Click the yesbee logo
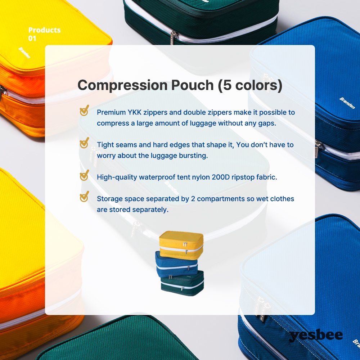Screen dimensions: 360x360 [316, 336]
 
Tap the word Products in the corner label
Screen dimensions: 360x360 [45, 30]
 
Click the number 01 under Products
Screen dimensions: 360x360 [32, 39]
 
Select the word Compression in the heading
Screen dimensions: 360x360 [123, 85]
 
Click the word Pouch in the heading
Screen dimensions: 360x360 [192, 85]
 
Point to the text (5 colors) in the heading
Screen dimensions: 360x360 [250, 85]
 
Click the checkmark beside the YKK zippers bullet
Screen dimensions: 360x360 [84, 111]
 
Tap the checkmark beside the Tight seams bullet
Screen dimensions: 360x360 [84, 143]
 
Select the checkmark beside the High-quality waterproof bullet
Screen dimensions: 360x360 [84, 175]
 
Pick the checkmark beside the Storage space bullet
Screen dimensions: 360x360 [84, 197]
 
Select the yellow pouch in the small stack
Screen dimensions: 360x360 [181, 245]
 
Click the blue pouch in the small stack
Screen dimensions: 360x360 [176, 265]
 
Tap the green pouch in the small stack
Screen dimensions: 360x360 [182, 283]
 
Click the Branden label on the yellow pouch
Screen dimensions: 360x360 [24, 53]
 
